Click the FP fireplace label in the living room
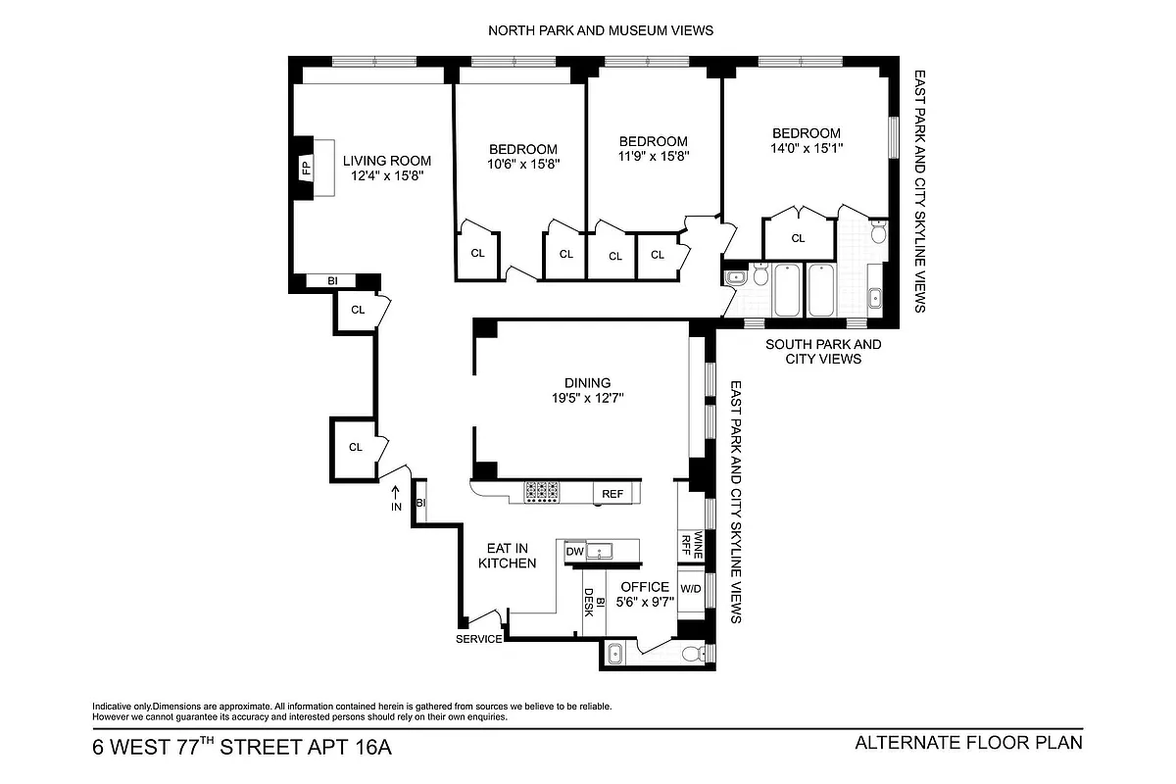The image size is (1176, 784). click(x=305, y=168)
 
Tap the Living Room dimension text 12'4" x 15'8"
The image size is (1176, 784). click(x=386, y=176)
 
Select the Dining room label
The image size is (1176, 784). click(x=587, y=383)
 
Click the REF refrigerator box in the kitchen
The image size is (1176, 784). click(x=612, y=494)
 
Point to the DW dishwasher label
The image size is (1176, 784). click(x=574, y=552)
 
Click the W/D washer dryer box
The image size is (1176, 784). click(x=691, y=589)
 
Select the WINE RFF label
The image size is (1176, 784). click(x=699, y=545)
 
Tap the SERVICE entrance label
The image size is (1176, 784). click(x=479, y=639)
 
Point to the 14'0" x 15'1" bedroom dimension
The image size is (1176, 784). click(x=806, y=148)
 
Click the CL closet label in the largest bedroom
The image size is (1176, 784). click(x=798, y=238)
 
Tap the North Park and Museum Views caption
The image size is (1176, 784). click(x=601, y=30)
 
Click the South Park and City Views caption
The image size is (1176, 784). click(x=822, y=352)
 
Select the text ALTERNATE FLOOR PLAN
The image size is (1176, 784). click(x=968, y=742)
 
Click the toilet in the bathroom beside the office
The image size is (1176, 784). click(x=691, y=655)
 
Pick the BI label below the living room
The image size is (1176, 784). click(x=332, y=281)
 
